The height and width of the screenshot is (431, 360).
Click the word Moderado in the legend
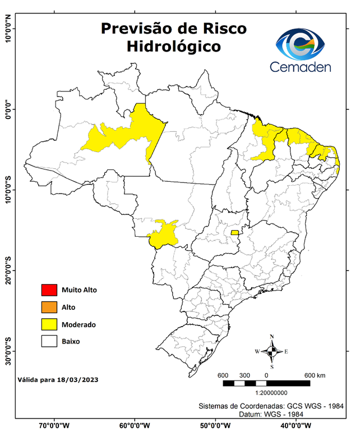point(79,324)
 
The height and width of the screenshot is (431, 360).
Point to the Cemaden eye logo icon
point(303,44)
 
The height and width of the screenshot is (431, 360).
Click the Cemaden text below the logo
point(301,67)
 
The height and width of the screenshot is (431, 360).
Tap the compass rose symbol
point(272,351)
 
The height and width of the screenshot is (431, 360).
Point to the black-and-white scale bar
point(266,383)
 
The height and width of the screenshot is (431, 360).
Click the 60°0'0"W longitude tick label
point(134,425)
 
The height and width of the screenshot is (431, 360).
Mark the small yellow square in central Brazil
point(234,232)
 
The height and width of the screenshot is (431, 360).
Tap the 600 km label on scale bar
point(315,375)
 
